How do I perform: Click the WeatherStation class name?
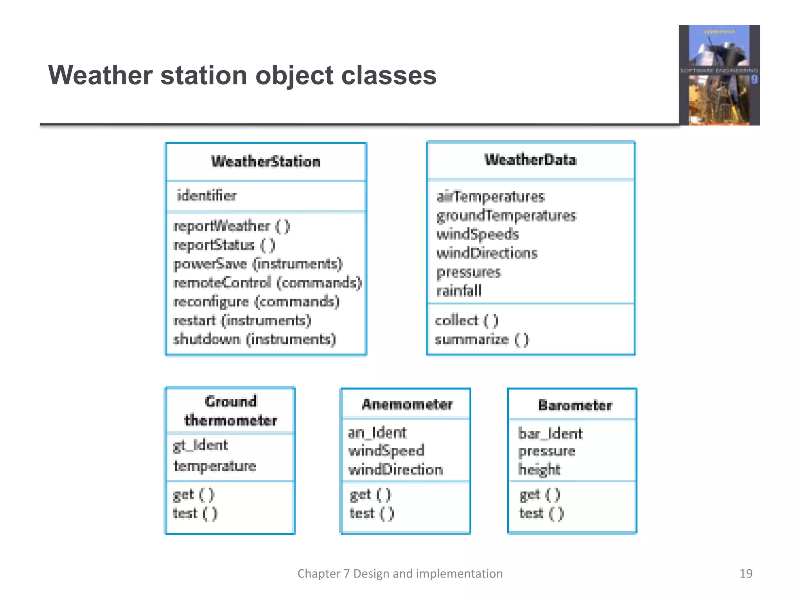(x=266, y=162)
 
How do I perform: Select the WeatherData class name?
(x=530, y=160)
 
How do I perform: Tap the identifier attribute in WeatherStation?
(x=207, y=195)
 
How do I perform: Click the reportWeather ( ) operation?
(x=232, y=226)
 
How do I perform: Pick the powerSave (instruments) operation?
(x=258, y=264)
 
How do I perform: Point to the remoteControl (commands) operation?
(x=268, y=283)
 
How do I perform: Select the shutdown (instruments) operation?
(x=254, y=339)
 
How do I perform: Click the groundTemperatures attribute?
(x=506, y=216)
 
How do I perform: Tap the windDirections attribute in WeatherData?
(x=487, y=253)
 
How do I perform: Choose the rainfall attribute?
(x=459, y=291)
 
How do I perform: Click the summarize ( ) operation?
(x=482, y=339)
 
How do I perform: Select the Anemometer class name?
(x=407, y=404)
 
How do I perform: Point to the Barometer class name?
(x=575, y=405)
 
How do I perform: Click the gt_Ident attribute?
(x=200, y=445)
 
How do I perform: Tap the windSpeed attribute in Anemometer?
(x=386, y=451)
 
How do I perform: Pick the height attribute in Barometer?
(x=539, y=469)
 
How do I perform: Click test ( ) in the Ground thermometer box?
(x=195, y=513)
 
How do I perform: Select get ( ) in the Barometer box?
(x=540, y=495)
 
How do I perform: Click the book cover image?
(x=719, y=75)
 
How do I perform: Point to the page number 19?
(x=745, y=573)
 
